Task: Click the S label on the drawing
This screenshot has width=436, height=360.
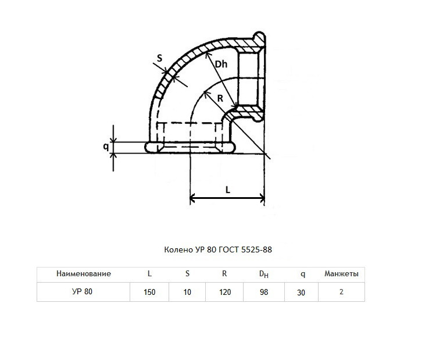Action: tap(159, 58)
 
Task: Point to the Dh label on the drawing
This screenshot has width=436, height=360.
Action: tap(221, 65)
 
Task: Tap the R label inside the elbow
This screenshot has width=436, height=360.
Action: tap(220, 98)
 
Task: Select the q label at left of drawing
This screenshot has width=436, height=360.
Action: tap(106, 147)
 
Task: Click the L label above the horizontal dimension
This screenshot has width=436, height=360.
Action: tap(228, 190)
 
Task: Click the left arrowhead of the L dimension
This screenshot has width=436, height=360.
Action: tap(192, 198)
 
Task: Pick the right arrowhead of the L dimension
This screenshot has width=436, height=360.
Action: tap(262, 198)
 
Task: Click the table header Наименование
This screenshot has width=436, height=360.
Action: tap(84, 274)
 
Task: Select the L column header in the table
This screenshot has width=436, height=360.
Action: tap(149, 274)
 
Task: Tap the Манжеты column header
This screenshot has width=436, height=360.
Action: tap(341, 274)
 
